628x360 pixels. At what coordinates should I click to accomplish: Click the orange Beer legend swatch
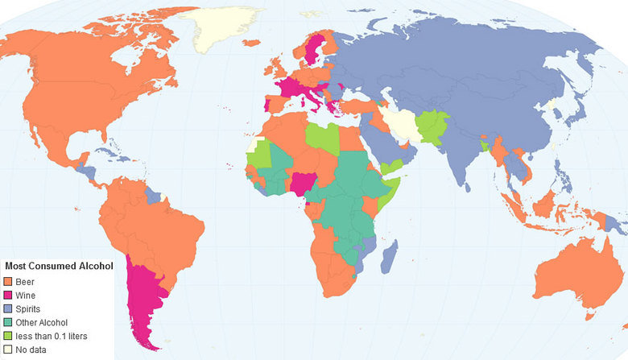tap(9, 282)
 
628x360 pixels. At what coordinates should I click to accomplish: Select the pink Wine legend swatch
tap(9, 296)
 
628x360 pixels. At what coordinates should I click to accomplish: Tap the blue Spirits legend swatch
tap(9, 308)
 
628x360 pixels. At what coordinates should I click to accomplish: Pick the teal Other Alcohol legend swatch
tap(9, 322)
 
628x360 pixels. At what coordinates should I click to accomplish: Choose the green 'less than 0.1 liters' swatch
tap(9, 336)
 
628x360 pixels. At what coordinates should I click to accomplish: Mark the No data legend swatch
tap(9, 350)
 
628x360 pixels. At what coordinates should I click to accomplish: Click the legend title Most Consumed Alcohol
tap(58, 266)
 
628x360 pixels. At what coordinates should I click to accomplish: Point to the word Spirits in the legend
tap(27, 308)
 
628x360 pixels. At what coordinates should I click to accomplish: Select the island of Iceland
tap(251, 42)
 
